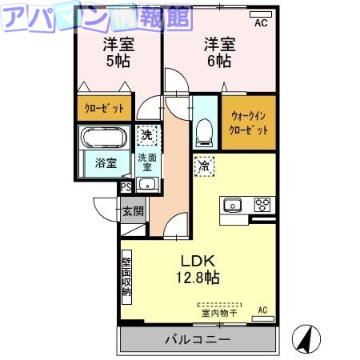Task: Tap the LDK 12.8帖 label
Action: point(198,270)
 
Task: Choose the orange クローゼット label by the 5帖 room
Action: point(105,109)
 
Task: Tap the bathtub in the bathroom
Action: point(105,137)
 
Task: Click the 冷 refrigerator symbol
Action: point(204,166)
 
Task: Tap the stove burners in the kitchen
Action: point(262,204)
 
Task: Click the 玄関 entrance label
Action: point(133,211)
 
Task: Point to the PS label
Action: point(126,188)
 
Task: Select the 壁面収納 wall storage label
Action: point(126,276)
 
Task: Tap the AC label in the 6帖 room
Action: point(261,24)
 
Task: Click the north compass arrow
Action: point(306,339)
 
